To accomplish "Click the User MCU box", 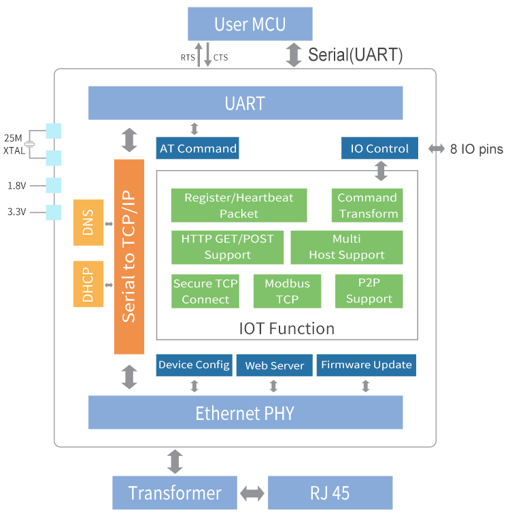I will coord(250,25).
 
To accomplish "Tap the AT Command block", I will coord(197,148).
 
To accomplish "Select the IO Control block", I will coord(379,148).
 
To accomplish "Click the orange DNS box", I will coord(88,223).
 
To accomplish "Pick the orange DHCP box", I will coord(88,284).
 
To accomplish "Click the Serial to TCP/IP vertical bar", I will coord(129,257).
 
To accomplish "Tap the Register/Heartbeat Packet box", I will coord(239,206).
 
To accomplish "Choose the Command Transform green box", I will coord(367,206).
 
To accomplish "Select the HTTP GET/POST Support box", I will coord(227,247).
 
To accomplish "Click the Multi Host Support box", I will coord(346,247).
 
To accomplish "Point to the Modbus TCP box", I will coord(287,291).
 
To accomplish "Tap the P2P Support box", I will coord(369,291).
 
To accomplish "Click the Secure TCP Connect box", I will coord(205,291).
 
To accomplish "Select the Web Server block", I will coord(274,365).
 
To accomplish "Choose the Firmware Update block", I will coord(366,365).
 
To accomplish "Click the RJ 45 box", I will coord(330,493).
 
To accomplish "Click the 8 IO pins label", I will coord(477,149).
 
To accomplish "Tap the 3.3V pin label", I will coord(16,212).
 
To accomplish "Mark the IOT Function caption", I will coord(287,329).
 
